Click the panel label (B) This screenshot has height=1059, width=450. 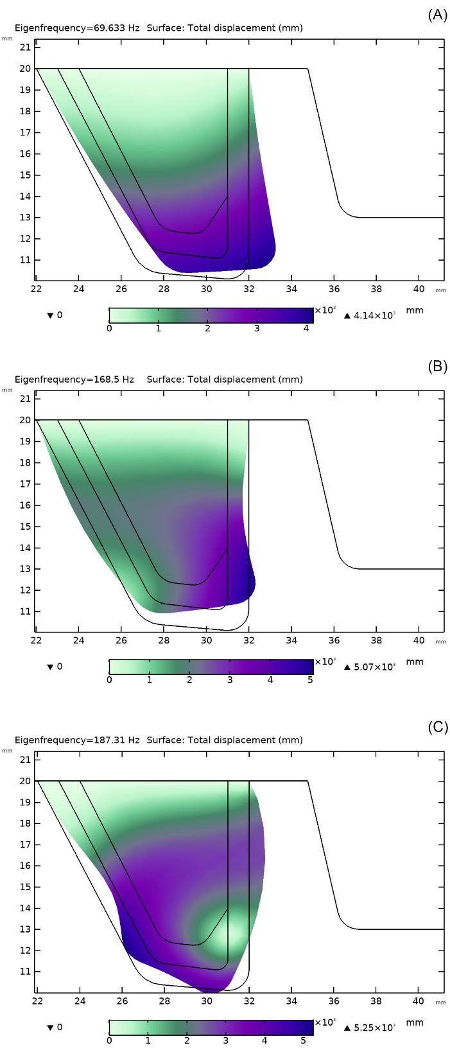click(x=437, y=367)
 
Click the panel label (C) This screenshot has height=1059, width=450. click(x=437, y=727)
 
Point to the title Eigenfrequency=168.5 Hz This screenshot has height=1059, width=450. click(x=74, y=379)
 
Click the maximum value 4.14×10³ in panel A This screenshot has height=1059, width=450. click(x=372, y=315)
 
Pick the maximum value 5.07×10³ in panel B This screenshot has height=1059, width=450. click(x=372, y=667)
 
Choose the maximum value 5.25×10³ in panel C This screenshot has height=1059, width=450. click(x=372, y=1027)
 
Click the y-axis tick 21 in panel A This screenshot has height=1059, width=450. click(x=26, y=48)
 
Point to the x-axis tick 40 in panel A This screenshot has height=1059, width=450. click(x=419, y=289)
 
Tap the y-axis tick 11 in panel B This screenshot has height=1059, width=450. click(x=26, y=611)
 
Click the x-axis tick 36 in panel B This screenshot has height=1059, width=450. click(x=334, y=640)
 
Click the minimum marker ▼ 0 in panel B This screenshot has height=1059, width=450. click(x=55, y=667)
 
